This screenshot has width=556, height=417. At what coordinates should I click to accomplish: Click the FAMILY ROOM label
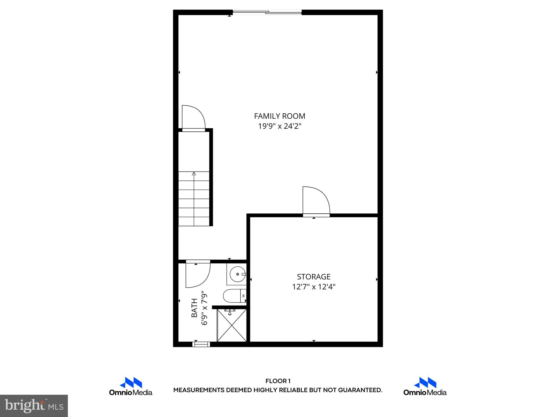(279, 116)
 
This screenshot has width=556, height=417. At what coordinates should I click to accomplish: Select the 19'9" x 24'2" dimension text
(279, 126)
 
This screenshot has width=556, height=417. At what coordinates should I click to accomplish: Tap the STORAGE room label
(314, 277)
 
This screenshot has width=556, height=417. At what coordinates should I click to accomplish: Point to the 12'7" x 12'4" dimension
(314, 287)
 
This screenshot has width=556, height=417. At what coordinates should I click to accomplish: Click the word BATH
(194, 308)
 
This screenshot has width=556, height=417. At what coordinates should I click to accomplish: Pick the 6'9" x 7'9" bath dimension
(204, 308)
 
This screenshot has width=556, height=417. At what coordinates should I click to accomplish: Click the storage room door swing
(315, 201)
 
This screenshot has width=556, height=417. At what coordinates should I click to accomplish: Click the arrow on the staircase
(194, 173)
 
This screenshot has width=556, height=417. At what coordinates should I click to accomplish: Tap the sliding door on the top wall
(267, 12)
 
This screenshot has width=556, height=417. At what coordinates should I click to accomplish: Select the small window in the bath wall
(201, 344)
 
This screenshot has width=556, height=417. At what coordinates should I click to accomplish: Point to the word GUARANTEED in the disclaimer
(360, 390)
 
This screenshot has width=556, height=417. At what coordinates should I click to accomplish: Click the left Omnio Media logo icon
(131, 383)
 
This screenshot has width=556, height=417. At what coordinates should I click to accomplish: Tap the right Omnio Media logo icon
(425, 383)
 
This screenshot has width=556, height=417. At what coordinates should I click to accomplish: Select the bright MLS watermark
(34, 405)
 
